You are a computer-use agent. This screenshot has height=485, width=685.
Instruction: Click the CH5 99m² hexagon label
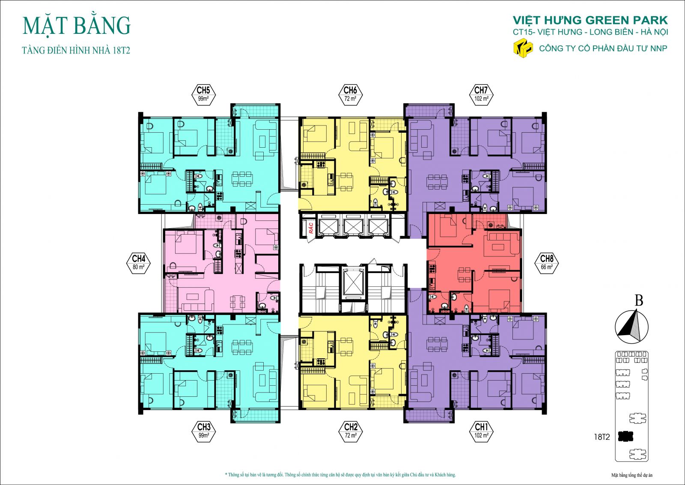click(203, 94)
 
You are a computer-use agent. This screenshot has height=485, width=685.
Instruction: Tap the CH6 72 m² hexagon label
click(350, 94)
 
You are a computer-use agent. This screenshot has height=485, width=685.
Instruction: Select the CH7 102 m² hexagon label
click(481, 94)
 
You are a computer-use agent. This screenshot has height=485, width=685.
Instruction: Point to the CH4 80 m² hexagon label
click(139, 262)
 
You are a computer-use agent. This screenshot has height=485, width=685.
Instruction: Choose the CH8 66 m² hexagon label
click(547, 262)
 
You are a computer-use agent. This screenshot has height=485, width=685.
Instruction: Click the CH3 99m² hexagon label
click(204, 431)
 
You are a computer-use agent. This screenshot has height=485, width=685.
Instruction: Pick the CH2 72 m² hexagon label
click(351, 431)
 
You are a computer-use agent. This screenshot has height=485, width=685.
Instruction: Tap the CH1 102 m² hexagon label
click(481, 431)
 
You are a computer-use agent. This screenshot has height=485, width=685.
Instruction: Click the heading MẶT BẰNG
click(77, 26)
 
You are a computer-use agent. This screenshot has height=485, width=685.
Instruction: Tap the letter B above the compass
click(638, 301)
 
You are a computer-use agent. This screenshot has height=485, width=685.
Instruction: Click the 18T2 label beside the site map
click(602, 437)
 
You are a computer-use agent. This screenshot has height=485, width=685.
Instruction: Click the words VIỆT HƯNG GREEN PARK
click(590, 20)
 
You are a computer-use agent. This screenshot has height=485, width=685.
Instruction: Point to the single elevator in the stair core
click(353, 283)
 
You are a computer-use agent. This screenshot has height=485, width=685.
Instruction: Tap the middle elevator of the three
click(353, 226)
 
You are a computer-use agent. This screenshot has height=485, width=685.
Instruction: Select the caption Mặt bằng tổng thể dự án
click(631, 475)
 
